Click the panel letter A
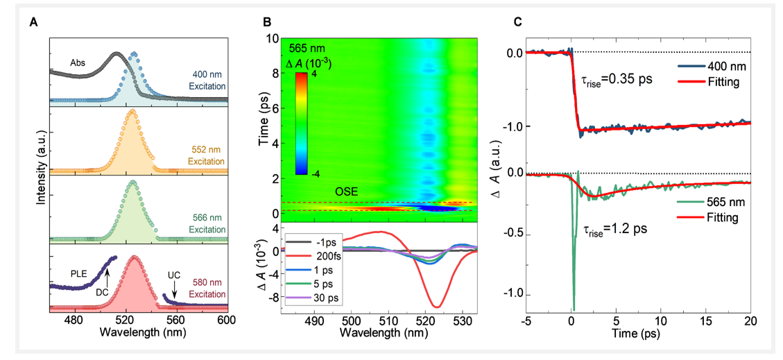[33, 22]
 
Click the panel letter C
[517, 22]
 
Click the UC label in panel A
[173, 275]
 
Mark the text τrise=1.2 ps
[612, 228]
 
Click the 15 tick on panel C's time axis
[706, 322]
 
